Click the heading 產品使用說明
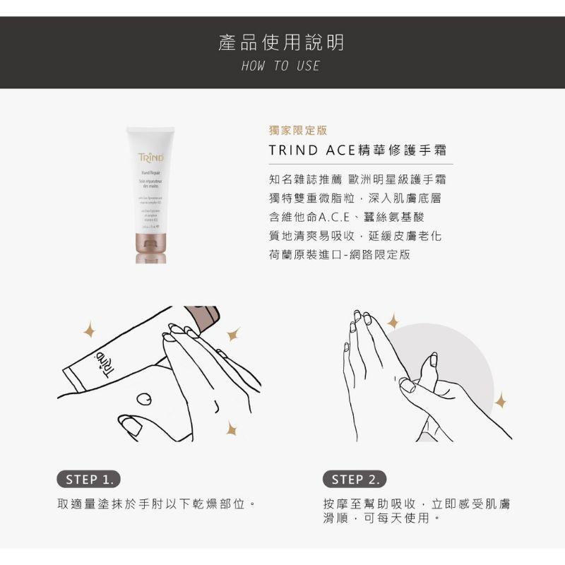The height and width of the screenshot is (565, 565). [x=282, y=44]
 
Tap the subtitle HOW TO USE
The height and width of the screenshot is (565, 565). [x=281, y=66]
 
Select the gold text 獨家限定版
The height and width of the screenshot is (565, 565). [x=298, y=131]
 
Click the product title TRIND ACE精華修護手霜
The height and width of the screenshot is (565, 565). [x=357, y=151]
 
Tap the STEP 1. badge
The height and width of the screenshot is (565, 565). [x=88, y=479]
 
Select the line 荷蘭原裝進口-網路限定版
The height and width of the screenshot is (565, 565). [x=339, y=254]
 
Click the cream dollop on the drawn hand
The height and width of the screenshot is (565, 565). [x=144, y=399]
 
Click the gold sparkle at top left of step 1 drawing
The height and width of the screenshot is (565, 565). [x=89, y=328]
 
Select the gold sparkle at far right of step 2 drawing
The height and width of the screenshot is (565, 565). [x=501, y=402]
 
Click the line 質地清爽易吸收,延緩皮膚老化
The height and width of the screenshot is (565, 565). [x=355, y=236]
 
